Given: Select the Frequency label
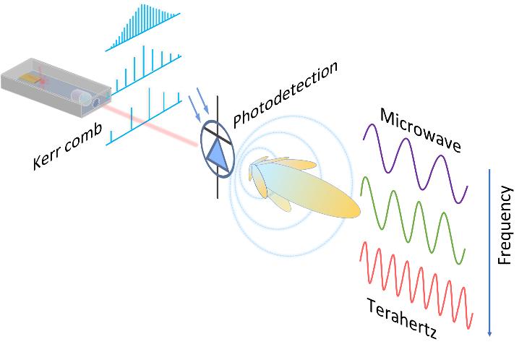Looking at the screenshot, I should point(505,225).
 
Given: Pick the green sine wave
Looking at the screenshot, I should point(412,217).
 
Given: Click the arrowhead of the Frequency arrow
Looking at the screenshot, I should point(490,332).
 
